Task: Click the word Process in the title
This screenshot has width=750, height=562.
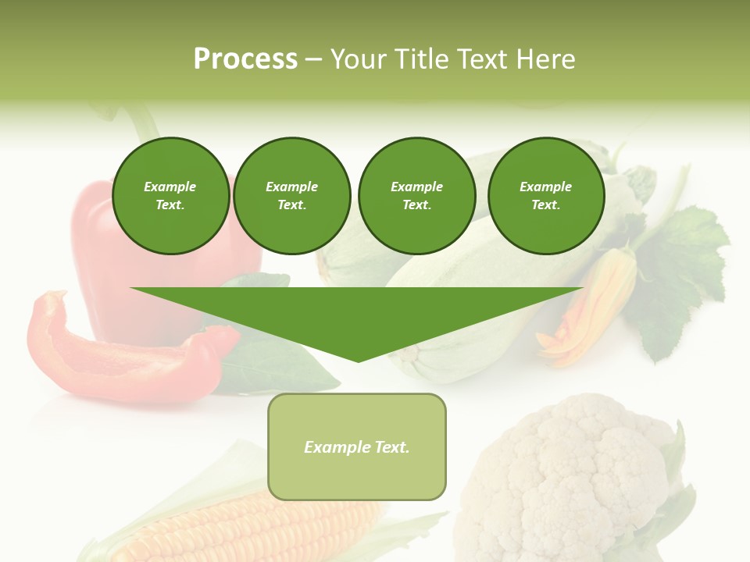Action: (245, 59)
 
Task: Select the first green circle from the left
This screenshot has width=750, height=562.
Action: (170, 196)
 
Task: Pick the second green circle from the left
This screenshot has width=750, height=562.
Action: (291, 196)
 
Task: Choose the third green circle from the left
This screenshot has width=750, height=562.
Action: (416, 196)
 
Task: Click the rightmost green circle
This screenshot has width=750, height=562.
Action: (545, 196)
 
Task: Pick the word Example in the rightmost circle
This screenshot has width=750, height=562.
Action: (545, 187)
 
